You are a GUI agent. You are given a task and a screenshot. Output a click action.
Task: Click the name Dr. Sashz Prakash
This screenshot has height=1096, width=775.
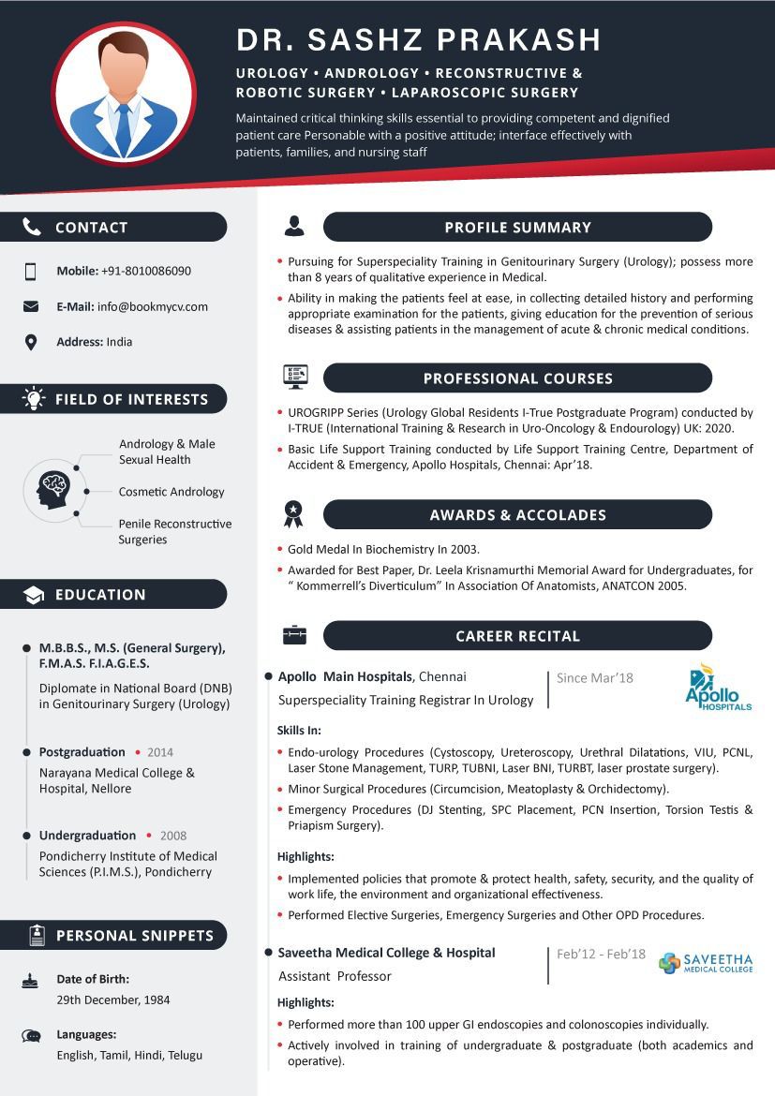[418, 39]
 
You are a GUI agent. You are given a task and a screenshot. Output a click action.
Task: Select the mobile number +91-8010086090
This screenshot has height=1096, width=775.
[146, 271]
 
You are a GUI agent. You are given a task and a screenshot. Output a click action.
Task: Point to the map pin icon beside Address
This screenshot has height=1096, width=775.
[31, 342]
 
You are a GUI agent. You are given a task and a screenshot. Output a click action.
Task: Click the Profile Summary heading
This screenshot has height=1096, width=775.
[517, 227]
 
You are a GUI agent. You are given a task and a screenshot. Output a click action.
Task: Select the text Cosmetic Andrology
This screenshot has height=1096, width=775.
[171, 492]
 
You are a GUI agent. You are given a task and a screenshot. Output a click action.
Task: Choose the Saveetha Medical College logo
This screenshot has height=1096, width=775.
[705, 963]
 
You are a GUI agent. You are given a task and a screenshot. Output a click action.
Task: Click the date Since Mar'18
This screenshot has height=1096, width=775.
[595, 678]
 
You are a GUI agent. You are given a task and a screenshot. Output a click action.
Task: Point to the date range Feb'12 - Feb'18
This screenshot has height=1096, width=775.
[601, 954]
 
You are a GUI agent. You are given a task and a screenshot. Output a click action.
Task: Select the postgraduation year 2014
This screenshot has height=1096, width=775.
[160, 752]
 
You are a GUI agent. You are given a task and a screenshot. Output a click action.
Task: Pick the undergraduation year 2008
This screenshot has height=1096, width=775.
[173, 836]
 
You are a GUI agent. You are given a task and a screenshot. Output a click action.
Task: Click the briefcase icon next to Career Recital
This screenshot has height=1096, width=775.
[294, 635]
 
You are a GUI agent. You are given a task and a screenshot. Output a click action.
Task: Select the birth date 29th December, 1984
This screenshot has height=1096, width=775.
[113, 1000]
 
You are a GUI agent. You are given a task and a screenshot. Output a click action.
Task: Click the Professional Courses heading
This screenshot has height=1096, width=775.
[517, 378]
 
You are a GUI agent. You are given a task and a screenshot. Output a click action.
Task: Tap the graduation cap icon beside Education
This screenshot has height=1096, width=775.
[33, 595]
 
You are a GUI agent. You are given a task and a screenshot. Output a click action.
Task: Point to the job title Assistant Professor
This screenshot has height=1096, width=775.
[335, 976]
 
